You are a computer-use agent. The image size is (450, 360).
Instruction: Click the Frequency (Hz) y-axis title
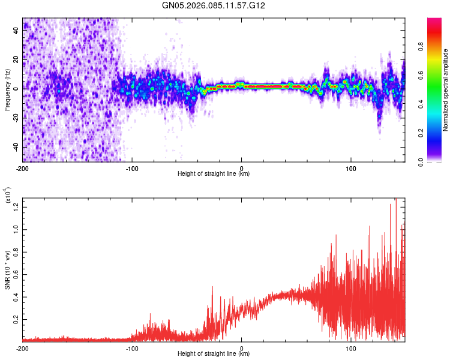pyautogui.click(x=7, y=90)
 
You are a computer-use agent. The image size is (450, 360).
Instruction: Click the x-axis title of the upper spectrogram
pyautogui.click(x=214, y=174)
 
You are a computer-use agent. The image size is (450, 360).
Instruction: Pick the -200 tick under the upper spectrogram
pyautogui.click(x=23, y=167)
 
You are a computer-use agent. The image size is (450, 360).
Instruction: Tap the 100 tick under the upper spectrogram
pyautogui.click(x=352, y=167)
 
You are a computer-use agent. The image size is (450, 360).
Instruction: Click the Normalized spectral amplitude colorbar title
pyautogui.click(x=446, y=90)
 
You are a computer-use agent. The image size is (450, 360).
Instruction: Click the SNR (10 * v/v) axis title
pyautogui.click(x=7, y=270)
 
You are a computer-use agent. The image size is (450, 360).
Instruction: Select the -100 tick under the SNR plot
pyautogui.click(x=132, y=347)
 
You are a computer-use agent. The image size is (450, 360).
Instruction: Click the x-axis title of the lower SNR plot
pyautogui.click(x=214, y=354)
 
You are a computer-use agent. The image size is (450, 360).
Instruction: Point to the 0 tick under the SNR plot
pyautogui.click(x=242, y=347)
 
